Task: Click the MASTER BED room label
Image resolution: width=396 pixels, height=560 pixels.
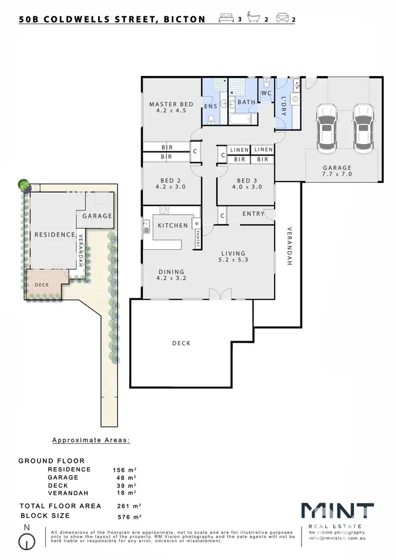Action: pos(171,104)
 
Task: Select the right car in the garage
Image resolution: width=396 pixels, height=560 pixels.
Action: pos(363,126)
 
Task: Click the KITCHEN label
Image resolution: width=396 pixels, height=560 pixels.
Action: pos(173,225)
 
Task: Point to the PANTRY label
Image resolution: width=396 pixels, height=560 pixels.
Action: pos(198,233)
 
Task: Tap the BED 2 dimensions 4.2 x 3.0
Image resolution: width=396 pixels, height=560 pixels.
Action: pos(171,187)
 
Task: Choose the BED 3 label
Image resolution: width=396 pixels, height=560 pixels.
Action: pos(246,179)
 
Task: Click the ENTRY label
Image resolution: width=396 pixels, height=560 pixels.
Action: pos(252,214)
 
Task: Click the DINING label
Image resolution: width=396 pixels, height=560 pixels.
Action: pos(171,272)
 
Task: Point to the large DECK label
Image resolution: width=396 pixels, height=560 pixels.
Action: pos(181,343)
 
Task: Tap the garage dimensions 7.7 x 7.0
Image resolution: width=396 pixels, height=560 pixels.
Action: pos(337,174)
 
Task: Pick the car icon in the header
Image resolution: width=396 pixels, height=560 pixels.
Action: pos(282,19)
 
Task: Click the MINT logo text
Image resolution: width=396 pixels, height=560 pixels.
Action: pos(337,512)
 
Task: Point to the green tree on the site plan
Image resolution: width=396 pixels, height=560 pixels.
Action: pos(24,185)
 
